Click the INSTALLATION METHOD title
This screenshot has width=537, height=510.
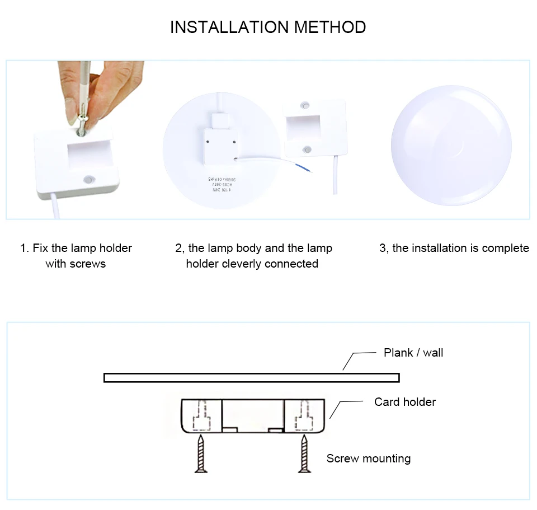[268, 27]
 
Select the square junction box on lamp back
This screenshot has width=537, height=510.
[220, 143]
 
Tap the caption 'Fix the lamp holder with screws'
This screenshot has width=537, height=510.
[76, 255]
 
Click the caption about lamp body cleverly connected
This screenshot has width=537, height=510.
[253, 255]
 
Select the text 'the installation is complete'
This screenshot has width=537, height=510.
[454, 248]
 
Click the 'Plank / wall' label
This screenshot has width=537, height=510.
[413, 353]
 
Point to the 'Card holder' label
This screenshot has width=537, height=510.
[404, 402]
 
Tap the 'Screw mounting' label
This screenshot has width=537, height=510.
[368, 459]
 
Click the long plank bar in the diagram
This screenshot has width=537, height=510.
[251, 378]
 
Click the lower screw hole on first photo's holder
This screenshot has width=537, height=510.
[88, 180]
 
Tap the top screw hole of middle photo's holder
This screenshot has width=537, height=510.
[305, 105]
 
